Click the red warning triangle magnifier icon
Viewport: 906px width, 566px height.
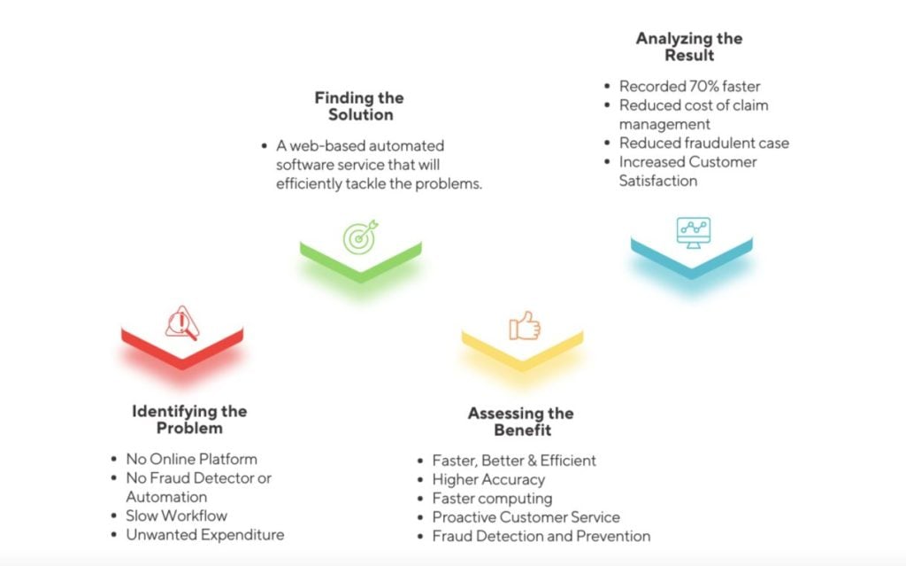(182, 323)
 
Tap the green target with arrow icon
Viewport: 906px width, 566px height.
(361, 236)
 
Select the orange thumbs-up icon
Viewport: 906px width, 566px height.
(525, 326)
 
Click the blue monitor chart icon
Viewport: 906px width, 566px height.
(694, 233)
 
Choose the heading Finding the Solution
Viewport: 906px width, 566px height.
(359, 106)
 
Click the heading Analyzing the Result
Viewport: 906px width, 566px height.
(689, 46)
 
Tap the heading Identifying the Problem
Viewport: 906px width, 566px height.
(189, 420)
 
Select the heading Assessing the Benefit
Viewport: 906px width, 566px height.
(521, 422)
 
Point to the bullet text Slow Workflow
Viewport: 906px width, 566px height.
(177, 516)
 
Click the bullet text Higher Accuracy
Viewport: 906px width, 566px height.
(488, 480)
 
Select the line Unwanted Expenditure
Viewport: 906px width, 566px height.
(205, 535)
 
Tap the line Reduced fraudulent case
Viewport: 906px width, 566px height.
(704, 143)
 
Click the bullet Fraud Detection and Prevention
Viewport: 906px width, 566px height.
(541, 537)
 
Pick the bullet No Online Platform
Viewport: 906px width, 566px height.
(192, 459)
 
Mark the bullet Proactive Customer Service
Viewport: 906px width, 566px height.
(526, 517)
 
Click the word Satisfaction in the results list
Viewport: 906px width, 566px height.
(658, 181)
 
